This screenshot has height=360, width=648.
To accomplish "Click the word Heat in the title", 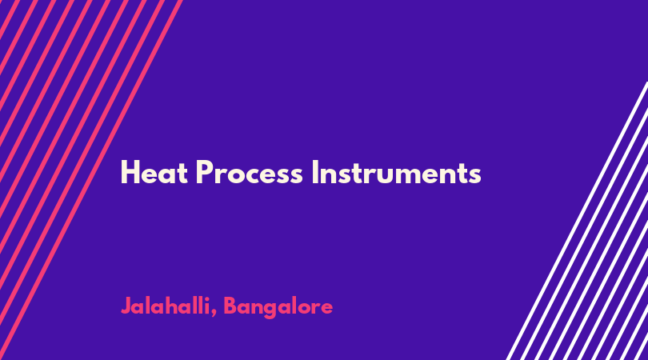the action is coord(154,172).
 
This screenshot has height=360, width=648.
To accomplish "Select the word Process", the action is coord(249,172).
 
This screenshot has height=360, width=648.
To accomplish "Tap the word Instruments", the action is coord(396,172).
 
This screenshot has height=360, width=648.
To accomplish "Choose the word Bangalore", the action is coord(278,307).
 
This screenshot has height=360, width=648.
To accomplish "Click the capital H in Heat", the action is coord(130,172).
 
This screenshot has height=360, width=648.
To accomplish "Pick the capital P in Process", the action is coord(204,172).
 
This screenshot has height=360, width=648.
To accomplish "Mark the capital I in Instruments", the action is coord(314,172).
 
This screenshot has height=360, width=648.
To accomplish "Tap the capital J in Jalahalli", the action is coord(126,306).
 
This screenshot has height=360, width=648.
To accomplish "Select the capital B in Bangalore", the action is coord(230,306).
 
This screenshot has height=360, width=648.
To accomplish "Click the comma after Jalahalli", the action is coord(214,314).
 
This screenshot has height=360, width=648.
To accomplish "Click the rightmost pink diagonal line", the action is coord(90,180).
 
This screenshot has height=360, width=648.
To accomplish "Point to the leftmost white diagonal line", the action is coord(578,222).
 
